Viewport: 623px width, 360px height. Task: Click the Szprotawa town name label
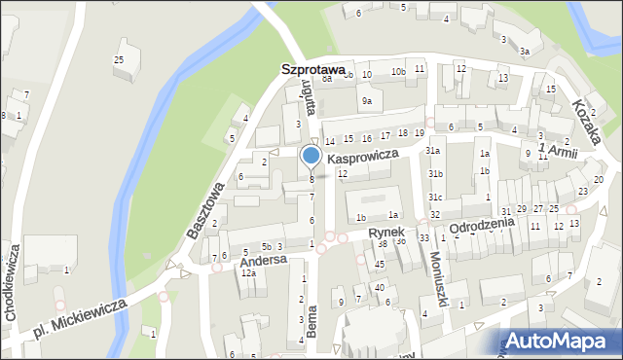click(x=312, y=70)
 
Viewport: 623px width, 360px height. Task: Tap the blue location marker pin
click(x=311, y=156)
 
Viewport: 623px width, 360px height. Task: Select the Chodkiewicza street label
click(x=12, y=288)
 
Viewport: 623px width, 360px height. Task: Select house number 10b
click(x=398, y=73)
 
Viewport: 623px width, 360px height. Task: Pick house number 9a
click(x=366, y=101)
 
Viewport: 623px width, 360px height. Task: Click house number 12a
click(x=248, y=273)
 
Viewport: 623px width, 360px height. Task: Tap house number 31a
click(x=433, y=151)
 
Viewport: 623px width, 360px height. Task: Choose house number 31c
click(x=435, y=198)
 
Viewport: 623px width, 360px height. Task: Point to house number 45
click(x=380, y=265)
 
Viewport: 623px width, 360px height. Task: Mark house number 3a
click(x=524, y=51)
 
